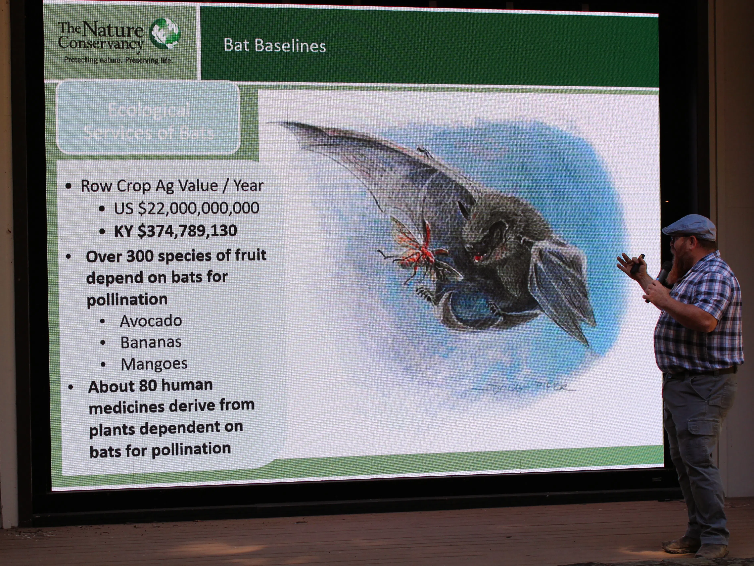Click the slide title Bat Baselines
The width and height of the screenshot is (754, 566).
275,46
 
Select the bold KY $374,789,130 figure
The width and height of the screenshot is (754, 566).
175,231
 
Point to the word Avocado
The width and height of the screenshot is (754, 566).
151,321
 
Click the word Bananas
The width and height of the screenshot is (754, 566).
151,342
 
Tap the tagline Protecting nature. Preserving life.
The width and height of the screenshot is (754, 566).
119,60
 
